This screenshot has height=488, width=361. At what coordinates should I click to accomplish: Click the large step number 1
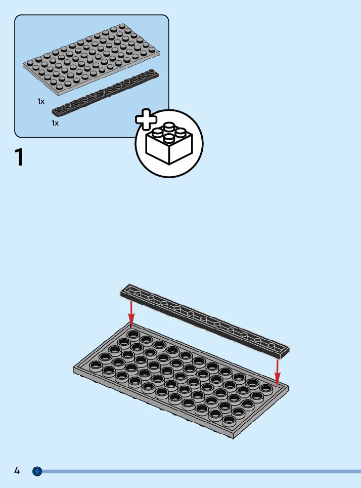(19, 157)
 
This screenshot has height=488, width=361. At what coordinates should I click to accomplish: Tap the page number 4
(17, 471)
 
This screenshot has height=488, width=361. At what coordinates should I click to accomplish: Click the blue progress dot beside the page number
(37, 471)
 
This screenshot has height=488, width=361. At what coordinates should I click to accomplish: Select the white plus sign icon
(146, 119)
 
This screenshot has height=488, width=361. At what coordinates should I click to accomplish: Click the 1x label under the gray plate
(41, 101)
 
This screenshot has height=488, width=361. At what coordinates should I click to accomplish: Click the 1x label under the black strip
(55, 123)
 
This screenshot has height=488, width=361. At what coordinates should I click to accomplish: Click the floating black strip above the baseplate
(205, 320)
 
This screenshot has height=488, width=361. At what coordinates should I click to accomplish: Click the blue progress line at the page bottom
(202, 471)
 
